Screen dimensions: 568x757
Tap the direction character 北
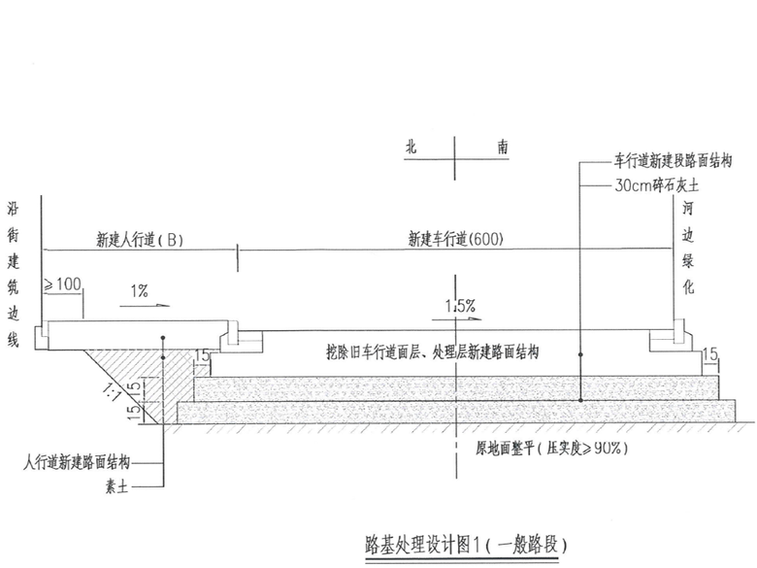[412, 148]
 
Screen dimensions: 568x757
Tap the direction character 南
[502, 148]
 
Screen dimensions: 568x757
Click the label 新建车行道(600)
[455, 238]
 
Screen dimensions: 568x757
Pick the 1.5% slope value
[460, 306]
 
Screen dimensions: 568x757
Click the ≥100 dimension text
[63, 285]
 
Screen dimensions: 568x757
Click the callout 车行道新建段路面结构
[671, 157]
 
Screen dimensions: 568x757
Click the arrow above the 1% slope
[146, 304]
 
